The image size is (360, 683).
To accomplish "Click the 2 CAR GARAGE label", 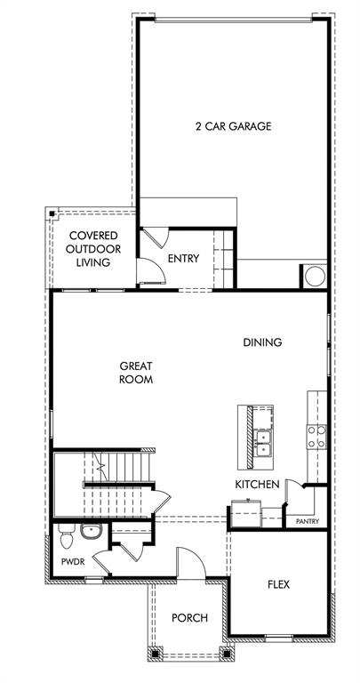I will pyautogui.click(x=233, y=126).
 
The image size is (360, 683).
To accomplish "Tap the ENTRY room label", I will pyautogui.click(x=183, y=259).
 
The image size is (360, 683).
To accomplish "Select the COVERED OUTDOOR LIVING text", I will pyautogui.click(x=92, y=249).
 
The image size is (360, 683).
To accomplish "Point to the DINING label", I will pyautogui.click(x=263, y=342).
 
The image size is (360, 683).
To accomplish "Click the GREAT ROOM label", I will pyautogui.click(x=136, y=373).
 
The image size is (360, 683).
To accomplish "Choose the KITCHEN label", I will pyautogui.click(x=257, y=484).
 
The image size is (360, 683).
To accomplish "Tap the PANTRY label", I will pyautogui.click(x=307, y=522).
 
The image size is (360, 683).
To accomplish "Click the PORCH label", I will pyautogui.click(x=189, y=618).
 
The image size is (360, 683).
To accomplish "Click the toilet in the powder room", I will pyautogui.click(x=65, y=537).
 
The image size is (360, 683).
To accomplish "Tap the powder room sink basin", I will pyautogui.click(x=91, y=533).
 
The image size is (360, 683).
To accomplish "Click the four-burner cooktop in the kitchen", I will pyautogui.click(x=316, y=437).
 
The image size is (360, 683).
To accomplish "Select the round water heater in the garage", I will pyautogui.click(x=315, y=277).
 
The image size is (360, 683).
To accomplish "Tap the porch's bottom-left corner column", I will pyautogui.click(x=156, y=654).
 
